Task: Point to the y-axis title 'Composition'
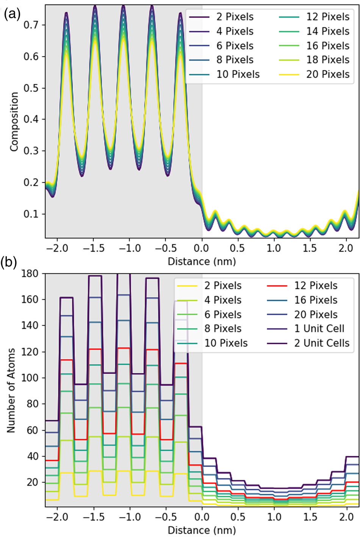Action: click(x=14, y=122)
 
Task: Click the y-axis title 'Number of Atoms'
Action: click(x=11, y=390)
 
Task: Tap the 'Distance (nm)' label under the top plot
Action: click(x=202, y=261)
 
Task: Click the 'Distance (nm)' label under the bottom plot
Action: click(x=202, y=529)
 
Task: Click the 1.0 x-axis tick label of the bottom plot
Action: click(x=274, y=517)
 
